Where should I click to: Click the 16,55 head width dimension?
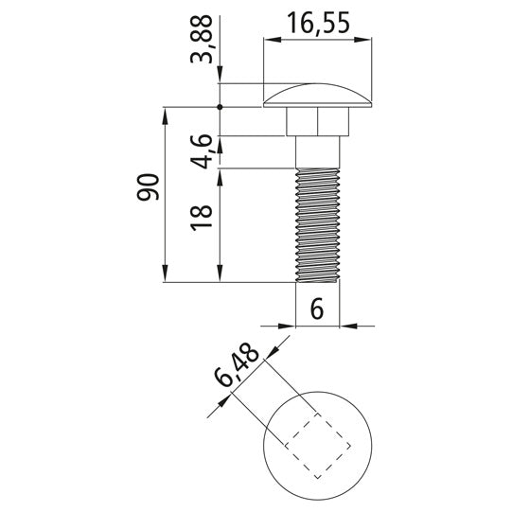point(317,23)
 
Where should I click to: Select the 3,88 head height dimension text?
point(202,44)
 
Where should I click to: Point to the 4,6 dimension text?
point(202,152)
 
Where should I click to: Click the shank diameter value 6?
point(317,309)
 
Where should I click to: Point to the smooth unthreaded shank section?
point(317,152)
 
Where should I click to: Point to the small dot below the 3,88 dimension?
point(220,107)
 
